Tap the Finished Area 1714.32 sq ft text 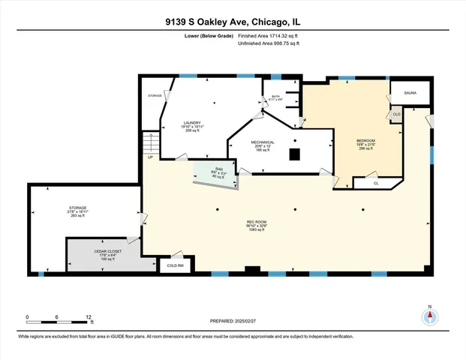point(268,35)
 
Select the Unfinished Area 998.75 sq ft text point(268,44)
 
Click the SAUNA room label point(410,93)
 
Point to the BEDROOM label point(365,142)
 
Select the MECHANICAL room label point(263,142)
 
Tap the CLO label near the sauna point(395,113)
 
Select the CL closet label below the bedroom point(375,182)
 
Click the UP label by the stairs point(150,157)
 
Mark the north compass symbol point(430,316)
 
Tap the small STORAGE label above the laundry point(155,96)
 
